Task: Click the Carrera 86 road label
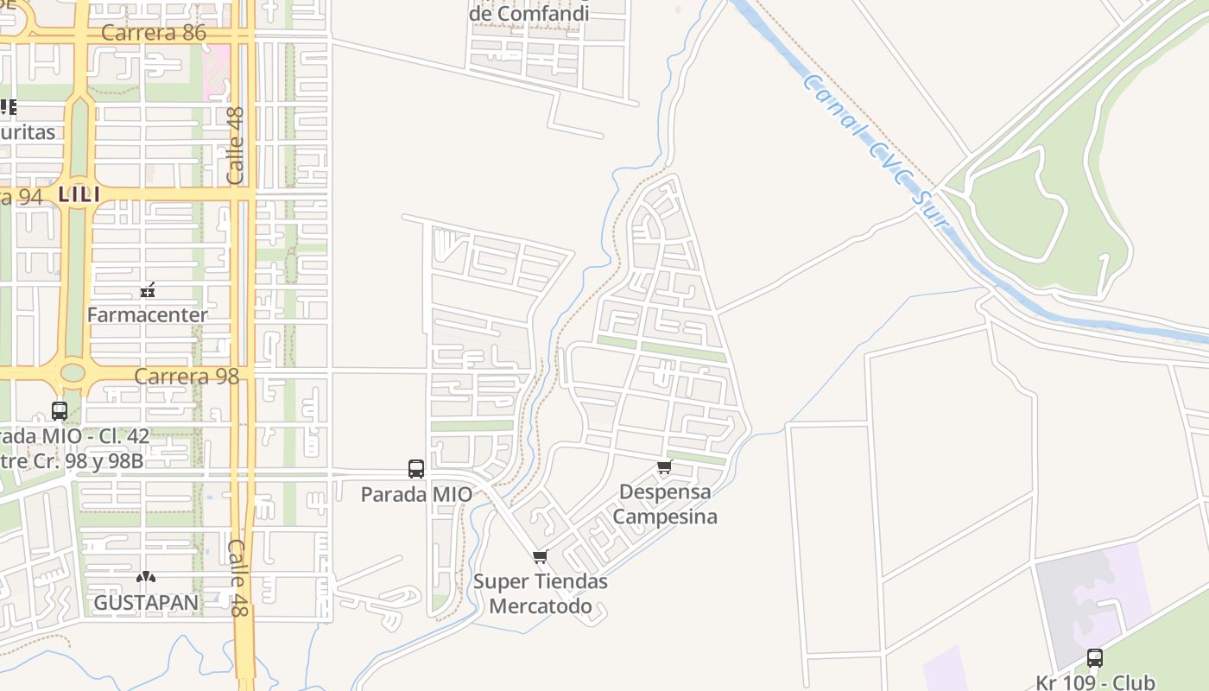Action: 154,33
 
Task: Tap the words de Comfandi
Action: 529,13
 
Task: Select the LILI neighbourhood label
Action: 79,195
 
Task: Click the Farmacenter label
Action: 147,314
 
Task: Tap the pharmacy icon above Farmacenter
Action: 148,289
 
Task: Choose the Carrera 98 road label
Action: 187,377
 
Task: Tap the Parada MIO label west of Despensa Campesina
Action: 416,494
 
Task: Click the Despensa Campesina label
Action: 665,504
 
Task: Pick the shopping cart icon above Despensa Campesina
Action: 664,467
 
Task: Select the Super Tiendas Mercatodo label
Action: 541,593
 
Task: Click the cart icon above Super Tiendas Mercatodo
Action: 541,556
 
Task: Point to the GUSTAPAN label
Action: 146,602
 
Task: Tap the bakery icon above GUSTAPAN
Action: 145,576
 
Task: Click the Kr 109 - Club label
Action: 1095,682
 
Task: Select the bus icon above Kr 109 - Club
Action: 1095,658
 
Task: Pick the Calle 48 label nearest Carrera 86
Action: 236,144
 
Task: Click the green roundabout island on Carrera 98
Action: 73,373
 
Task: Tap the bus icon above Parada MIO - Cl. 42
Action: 60,411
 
